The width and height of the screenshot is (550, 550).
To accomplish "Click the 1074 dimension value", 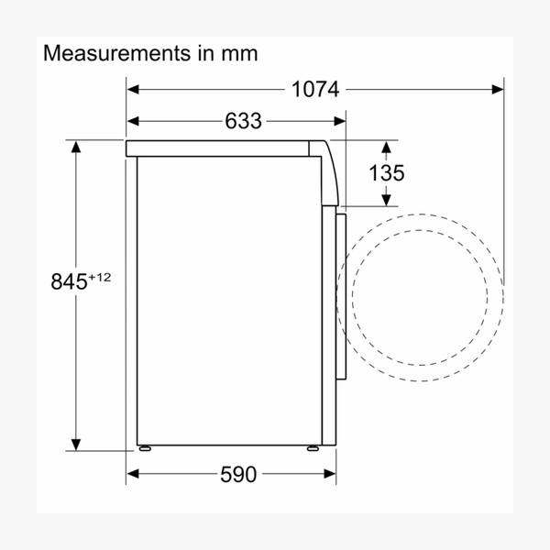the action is (x=315, y=90).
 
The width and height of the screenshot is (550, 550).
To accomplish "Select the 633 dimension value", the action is (x=243, y=121).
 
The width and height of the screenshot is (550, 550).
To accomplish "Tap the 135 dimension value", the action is (x=387, y=172).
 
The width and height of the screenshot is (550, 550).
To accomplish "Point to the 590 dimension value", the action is (x=238, y=474).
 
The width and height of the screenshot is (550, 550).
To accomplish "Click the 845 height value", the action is (x=69, y=281).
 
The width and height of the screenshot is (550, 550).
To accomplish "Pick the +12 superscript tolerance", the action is (x=100, y=278).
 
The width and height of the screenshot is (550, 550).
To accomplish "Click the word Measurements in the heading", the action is (x=116, y=53).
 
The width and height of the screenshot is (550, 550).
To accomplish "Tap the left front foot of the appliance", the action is (x=145, y=448).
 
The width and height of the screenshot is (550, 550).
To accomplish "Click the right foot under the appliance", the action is (x=313, y=448).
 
